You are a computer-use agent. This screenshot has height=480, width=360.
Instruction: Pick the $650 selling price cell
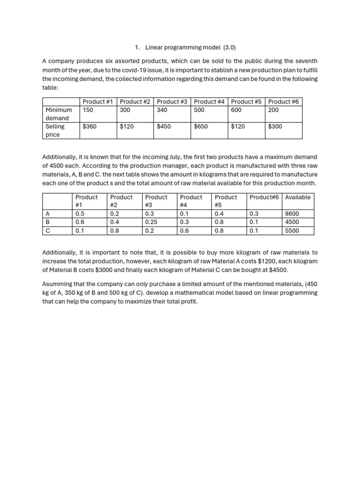click(x=201, y=127)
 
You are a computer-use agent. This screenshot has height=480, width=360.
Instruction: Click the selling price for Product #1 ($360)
click(x=90, y=127)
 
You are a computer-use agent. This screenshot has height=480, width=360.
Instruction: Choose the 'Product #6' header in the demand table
click(x=283, y=102)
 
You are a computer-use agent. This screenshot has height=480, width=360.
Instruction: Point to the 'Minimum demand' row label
click(x=59, y=114)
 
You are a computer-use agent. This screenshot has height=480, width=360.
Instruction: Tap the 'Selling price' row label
click(x=55, y=130)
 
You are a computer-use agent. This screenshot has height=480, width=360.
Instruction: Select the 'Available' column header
click(x=298, y=197)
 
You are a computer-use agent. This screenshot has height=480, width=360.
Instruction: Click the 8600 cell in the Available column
click(x=292, y=214)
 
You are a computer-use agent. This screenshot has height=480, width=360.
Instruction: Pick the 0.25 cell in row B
click(x=151, y=222)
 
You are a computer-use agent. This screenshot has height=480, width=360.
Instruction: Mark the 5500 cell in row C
click(x=292, y=231)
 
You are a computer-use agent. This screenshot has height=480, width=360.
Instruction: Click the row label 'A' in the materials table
click(x=47, y=214)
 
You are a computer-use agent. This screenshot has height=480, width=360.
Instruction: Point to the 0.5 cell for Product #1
click(x=80, y=214)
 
